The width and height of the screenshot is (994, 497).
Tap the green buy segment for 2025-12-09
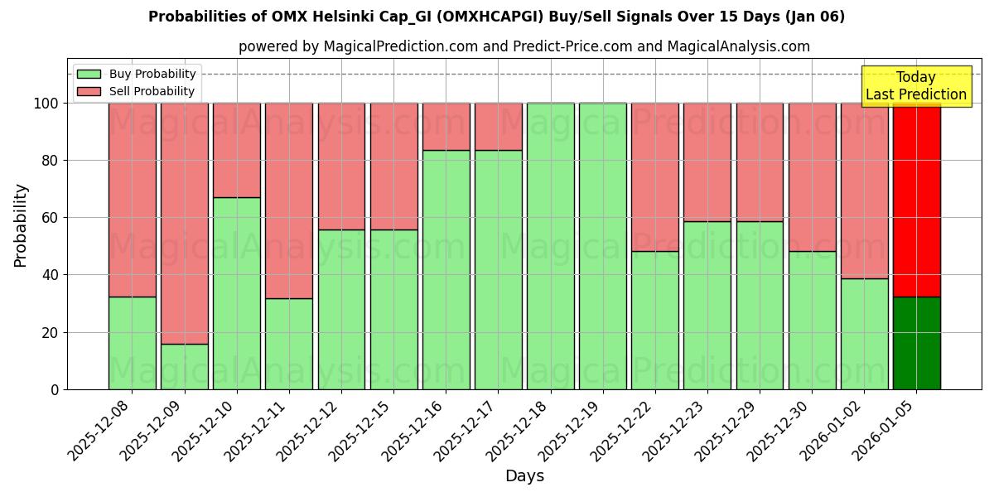[184, 366]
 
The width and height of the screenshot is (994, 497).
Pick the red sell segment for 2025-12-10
[236, 150]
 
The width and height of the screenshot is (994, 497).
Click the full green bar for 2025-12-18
[550, 246]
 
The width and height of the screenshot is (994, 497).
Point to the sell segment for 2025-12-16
[446, 126]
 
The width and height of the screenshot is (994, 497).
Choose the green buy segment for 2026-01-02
[864, 334]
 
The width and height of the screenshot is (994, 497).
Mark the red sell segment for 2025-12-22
[654, 177]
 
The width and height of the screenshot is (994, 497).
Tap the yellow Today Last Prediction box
[915, 86]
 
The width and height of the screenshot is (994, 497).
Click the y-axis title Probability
[21, 225]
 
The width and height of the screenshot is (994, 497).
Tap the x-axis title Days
[524, 476]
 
